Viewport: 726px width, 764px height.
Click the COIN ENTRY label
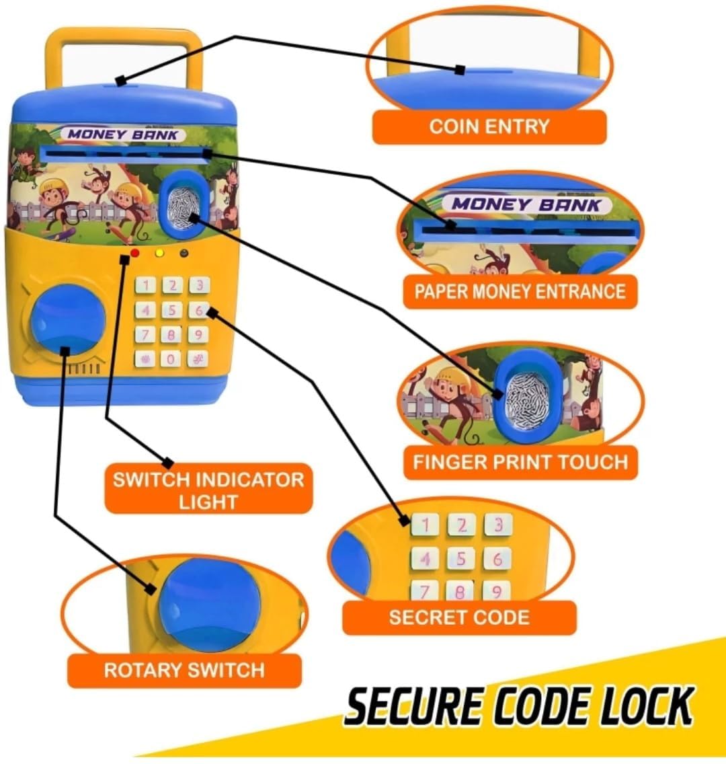(x=489, y=126)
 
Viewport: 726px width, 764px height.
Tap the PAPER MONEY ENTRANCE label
(x=520, y=291)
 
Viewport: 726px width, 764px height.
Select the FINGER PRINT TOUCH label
(x=520, y=462)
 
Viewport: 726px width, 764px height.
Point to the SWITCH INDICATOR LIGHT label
(x=208, y=490)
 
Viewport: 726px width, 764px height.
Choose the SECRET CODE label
(x=458, y=617)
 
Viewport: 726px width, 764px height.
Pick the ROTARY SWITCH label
(x=184, y=670)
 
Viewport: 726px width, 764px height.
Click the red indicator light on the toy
(x=134, y=254)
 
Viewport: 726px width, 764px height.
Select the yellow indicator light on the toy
(x=160, y=254)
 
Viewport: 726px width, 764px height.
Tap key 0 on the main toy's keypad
(x=171, y=358)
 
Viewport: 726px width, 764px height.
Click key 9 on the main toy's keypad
(x=198, y=334)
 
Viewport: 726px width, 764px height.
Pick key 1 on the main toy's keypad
(x=146, y=286)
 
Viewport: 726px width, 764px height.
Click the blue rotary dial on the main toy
(x=68, y=319)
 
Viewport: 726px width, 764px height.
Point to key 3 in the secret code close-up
(x=497, y=525)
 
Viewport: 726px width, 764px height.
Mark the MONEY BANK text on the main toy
(x=124, y=134)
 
